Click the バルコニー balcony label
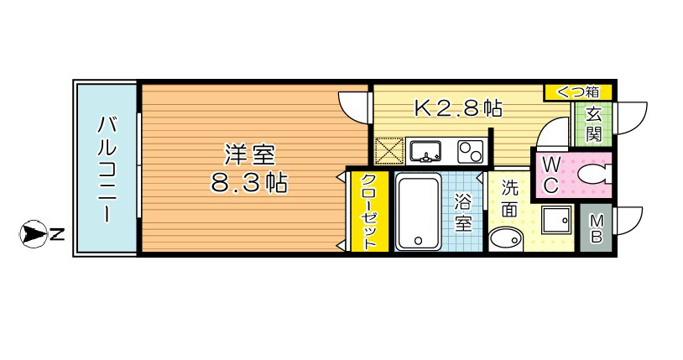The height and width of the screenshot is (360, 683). pos(107,168)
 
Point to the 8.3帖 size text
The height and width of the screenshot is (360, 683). pos(248,183)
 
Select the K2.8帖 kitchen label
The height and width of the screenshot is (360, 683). pos(458,107)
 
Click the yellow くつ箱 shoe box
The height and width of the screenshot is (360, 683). pos(578,91)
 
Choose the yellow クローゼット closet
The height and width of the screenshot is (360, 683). pos(368,211)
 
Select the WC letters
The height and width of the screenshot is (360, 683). pos(552,174)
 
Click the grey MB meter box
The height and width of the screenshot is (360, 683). pos(596,228)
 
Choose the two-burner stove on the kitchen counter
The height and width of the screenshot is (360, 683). pos(469,152)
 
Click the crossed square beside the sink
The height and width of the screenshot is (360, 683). pos(388,153)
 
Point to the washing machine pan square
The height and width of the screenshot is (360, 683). pos(555,222)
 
